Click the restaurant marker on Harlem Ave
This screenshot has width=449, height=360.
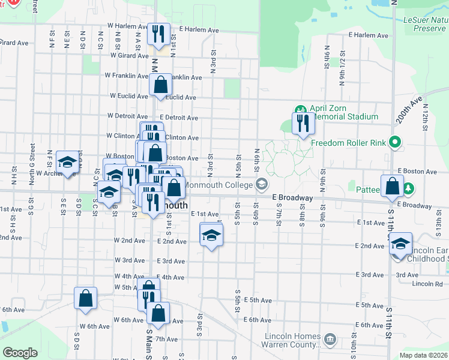[x=158, y=34]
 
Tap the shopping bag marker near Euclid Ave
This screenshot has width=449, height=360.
[x=160, y=85]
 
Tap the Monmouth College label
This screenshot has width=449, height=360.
[x=221, y=184]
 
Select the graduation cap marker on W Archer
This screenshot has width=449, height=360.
[x=67, y=163]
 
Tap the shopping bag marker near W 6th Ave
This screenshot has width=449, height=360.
[x=158, y=313]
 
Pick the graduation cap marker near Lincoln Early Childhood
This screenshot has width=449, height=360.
[x=400, y=244]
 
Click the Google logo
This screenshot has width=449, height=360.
[x=20, y=352]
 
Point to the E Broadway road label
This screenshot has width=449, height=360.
[x=292, y=197]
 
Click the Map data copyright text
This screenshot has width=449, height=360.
[x=423, y=355]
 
